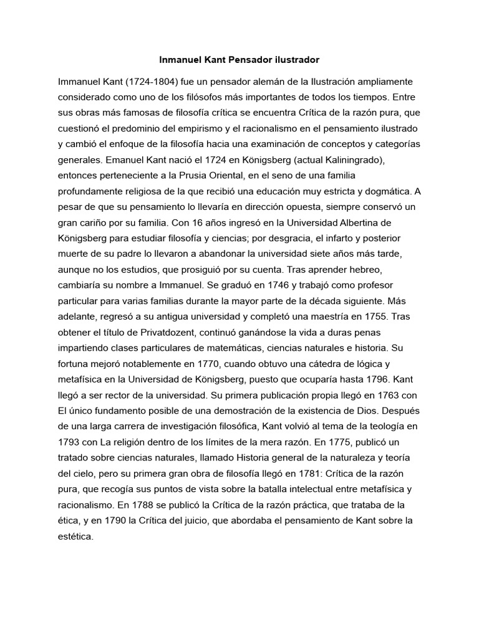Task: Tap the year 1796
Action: pyautogui.click(x=376, y=378)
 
